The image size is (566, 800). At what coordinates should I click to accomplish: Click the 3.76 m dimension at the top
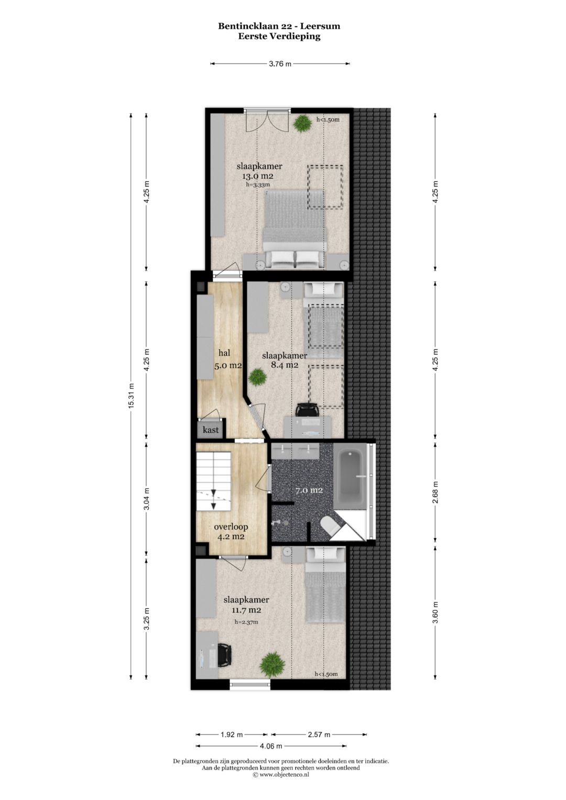[280, 64]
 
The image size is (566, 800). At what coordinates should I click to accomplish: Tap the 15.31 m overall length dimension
[131, 396]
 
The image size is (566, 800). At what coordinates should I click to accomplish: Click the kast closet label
[211, 430]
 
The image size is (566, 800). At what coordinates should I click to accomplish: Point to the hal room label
[224, 353]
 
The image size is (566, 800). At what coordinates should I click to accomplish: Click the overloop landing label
[231, 527]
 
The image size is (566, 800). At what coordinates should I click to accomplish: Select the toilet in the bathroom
[330, 525]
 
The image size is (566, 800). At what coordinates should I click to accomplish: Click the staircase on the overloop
[213, 481]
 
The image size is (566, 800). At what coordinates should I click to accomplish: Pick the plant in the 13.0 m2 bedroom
[302, 123]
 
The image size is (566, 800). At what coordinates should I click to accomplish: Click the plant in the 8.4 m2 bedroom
[258, 377]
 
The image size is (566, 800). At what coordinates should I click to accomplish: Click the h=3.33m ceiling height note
[258, 184]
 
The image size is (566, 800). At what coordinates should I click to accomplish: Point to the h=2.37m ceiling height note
[246, 622]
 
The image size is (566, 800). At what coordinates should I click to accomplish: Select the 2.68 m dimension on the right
[435, 492]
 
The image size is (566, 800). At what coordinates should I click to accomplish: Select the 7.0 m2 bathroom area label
[309, 490]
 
